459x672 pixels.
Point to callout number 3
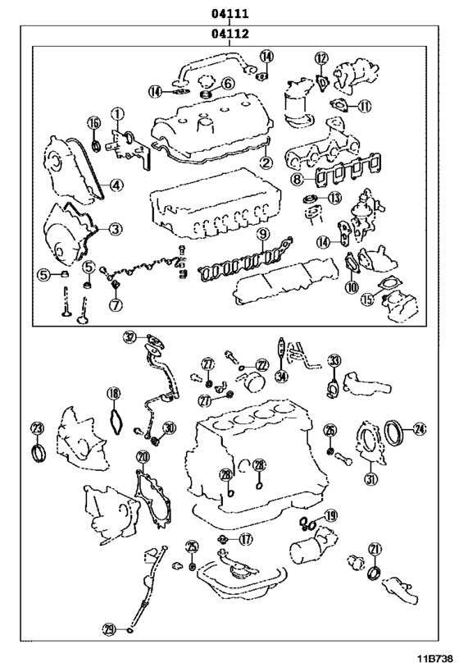(x=116, y=229)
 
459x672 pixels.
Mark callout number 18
(x=113, y=393)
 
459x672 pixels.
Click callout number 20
(x=143, y=457)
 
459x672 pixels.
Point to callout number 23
(x=36, y=428)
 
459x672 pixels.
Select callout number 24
(x=420, y=427)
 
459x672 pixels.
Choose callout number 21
(x=375, y=549)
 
